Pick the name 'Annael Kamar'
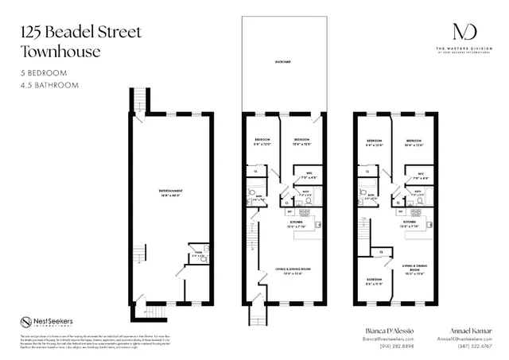(464, 327)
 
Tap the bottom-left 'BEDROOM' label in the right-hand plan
(374, 280)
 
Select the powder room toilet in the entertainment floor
(203, 257)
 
